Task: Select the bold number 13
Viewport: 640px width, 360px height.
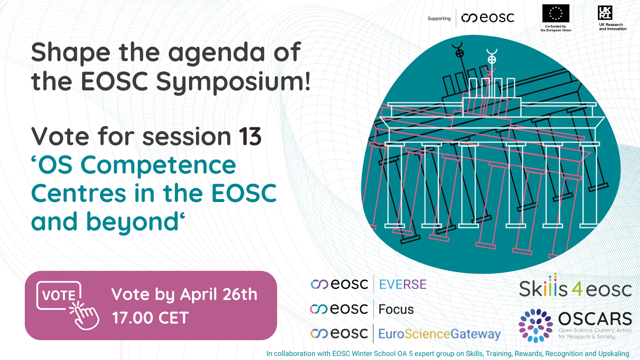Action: point(250,136)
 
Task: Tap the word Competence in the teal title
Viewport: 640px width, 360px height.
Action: point(158,166)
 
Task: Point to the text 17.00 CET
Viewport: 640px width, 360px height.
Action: point(150,318)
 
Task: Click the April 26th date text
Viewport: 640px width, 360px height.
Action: point(218,294)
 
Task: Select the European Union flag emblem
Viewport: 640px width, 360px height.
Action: point(556,13)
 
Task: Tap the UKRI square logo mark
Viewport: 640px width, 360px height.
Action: point(605,13)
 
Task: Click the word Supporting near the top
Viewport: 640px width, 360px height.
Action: point(439,18)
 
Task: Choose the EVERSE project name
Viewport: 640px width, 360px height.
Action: point(402,284)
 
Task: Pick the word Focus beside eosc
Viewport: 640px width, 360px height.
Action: point(396,310)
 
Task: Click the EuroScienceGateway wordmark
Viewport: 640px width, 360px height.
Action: point(440,334)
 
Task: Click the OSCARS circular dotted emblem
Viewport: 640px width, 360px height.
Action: point(536,326)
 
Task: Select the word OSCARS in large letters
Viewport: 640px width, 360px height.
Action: point(595,318)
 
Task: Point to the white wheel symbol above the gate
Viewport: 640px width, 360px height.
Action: point(492,60)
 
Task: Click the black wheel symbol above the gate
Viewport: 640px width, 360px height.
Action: point(460,53)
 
